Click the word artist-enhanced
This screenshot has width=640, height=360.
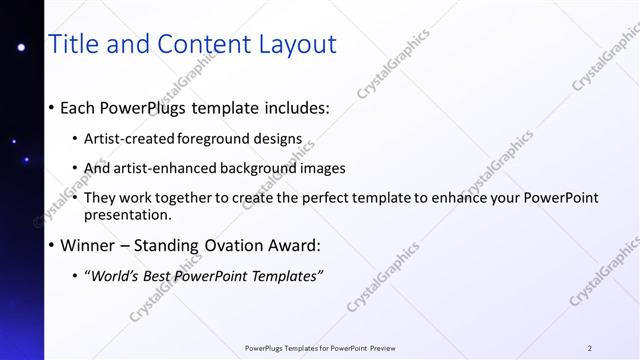coord(169,168)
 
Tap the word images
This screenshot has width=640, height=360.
coord(319,168)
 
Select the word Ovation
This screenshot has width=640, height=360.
coord(235,245)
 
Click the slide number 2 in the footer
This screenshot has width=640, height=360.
coord(590,348)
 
